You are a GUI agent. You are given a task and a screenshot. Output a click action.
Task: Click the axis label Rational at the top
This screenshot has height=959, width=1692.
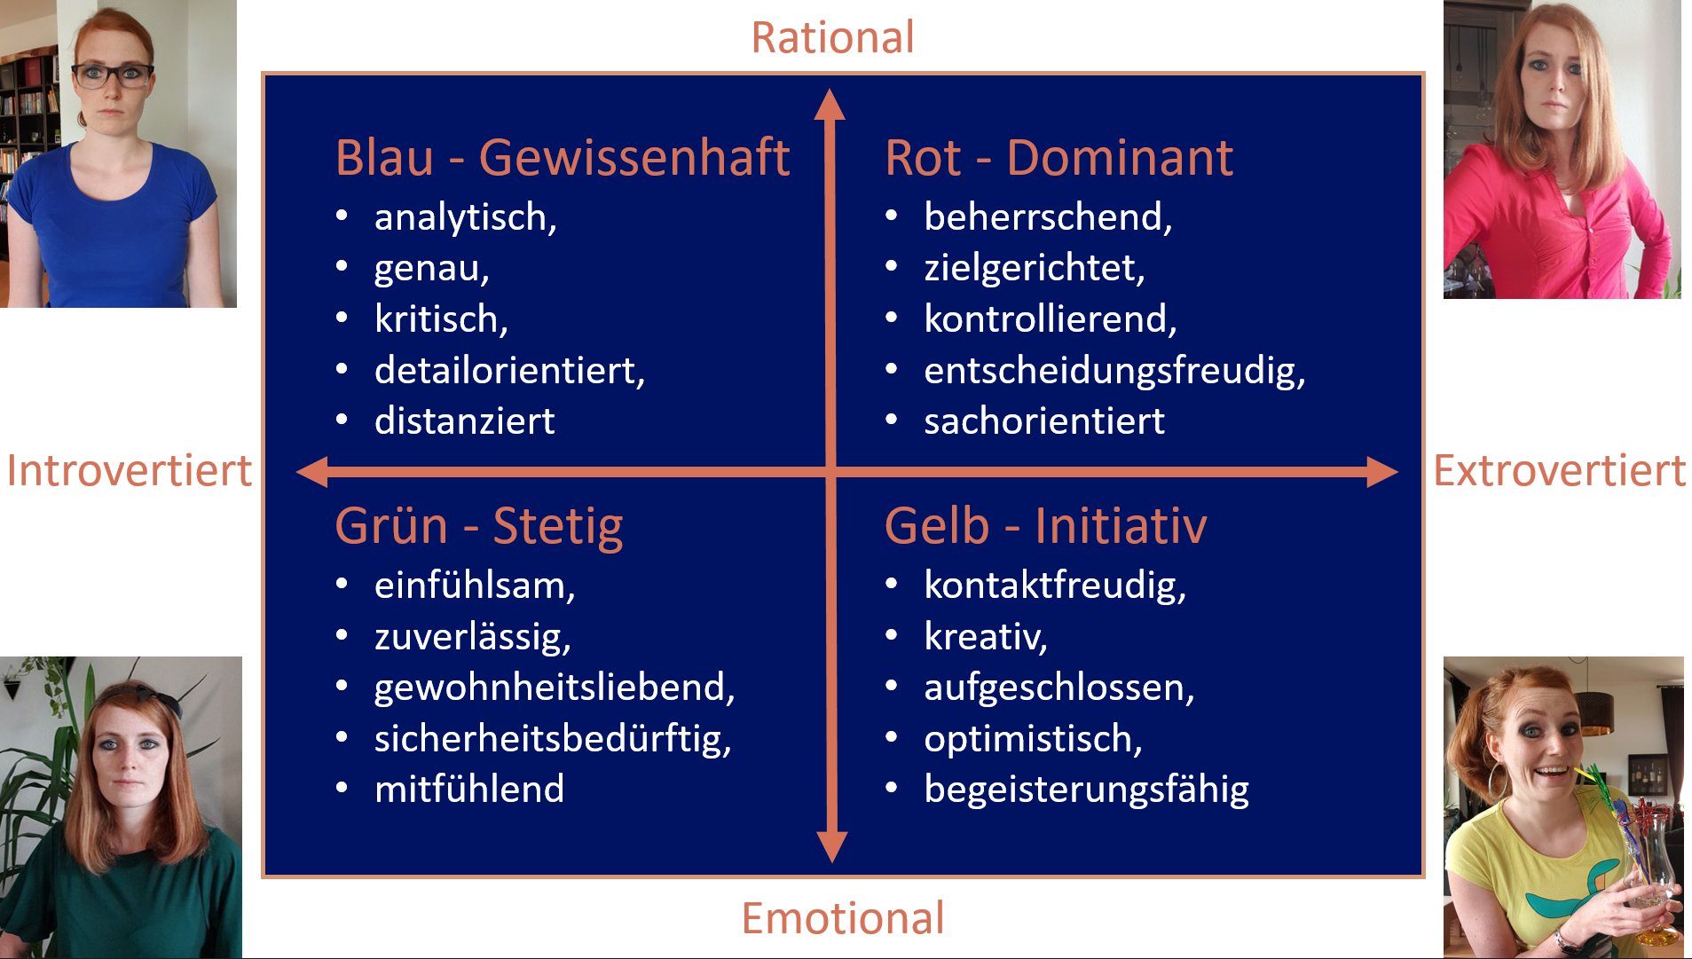click(832, 37)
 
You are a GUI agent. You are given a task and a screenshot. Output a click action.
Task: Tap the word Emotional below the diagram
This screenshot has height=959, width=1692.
click(842, 918)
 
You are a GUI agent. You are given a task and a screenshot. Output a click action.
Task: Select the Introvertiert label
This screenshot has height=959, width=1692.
click(130, 470)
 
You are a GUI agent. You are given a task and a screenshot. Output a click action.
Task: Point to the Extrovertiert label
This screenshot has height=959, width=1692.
click(1559, 470)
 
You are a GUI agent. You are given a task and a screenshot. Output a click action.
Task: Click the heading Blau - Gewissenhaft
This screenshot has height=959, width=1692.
click(562, 158)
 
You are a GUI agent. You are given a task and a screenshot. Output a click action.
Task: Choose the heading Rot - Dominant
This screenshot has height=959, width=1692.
click(1058, 158)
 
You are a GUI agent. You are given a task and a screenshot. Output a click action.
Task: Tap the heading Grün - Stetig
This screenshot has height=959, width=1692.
click(479, 526)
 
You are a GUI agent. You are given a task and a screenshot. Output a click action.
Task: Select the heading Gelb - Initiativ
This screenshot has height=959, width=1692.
click(1045, 526)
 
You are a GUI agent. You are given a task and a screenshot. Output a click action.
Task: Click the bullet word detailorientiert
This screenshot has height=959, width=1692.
click(508, 371)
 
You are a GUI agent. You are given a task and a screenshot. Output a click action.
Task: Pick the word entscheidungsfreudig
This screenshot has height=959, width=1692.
click(1114, 371)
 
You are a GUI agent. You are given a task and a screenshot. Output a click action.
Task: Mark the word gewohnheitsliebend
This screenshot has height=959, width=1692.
click(554, 688)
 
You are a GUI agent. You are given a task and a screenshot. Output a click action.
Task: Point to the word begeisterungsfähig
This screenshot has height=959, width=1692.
click(1086, 790)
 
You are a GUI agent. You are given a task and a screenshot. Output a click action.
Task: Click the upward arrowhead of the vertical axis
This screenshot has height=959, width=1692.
click(830, 105)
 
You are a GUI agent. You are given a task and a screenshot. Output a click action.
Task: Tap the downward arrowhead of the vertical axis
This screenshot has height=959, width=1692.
click(831, 846)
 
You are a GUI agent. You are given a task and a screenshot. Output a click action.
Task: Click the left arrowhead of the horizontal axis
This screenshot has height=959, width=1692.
click(313, 472)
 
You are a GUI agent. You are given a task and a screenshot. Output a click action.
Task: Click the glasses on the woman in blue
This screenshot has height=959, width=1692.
click(113, 75)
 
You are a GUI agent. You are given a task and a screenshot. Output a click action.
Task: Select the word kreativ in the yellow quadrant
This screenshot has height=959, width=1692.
click(985, 637)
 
